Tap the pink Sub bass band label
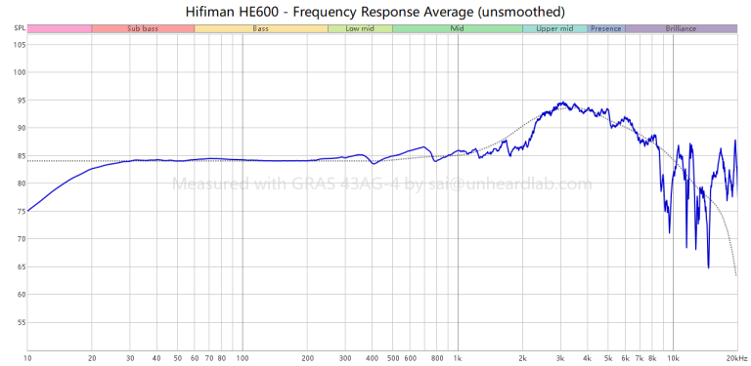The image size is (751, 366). pyautogui.click(x=143, y=29)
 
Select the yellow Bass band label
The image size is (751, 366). pyautogui.click(x=261, y=29)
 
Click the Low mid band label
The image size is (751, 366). pyautogui.click(x=360, y=29)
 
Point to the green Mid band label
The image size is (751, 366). pyautogui.click(x=457, y=29)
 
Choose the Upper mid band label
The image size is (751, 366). pyautogui.click(x=554, y=29)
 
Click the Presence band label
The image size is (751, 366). pyautogui.click(x=606, y=29)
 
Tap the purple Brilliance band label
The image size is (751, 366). pyautogui.click(x=681, y=29)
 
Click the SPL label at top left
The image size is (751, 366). pyautogui.click(x=20, y=29)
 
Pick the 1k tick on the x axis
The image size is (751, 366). pyautogui.click(x=457, y=358)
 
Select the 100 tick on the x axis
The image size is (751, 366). pyautogui.click(x=242, y=358)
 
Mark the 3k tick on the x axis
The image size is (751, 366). pyautogui.click(x=560, y=358)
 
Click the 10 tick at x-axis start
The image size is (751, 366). pyautogui.click(x=27, y=358)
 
